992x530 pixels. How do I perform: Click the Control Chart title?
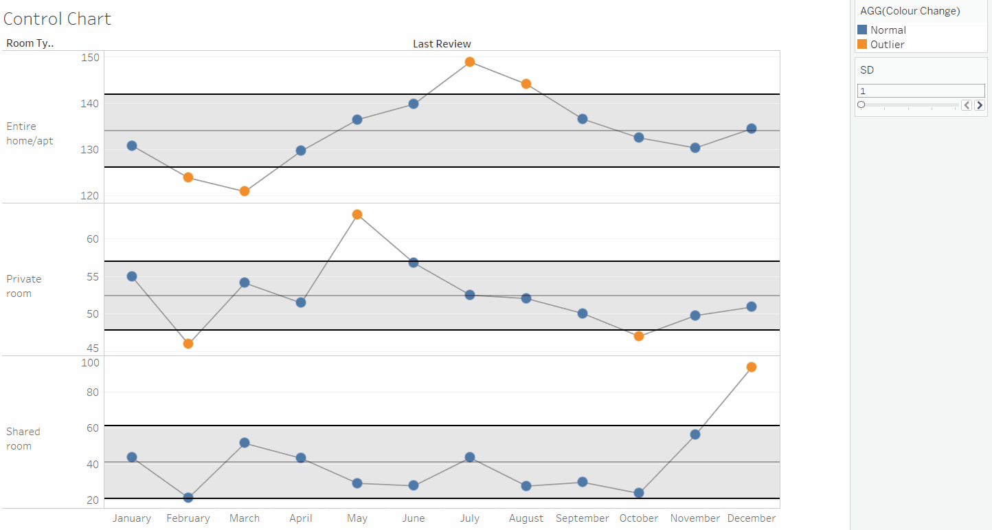click(57, 19)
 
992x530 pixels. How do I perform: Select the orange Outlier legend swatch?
click(862, 44)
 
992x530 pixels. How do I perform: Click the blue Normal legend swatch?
click(862, 30)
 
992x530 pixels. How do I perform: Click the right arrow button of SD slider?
click(980, 105)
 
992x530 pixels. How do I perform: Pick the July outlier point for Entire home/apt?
click(470, 62)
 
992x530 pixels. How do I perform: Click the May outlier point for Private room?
click(357, 214)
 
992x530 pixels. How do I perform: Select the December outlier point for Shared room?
click(752, 367)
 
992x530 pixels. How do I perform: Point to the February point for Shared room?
click(188, 498)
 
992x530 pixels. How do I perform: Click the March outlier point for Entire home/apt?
click(245, 191)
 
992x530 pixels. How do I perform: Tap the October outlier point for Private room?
click(639, 336)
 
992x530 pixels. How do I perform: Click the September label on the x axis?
click(583, 518)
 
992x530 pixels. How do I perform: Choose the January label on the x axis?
click(132, 518)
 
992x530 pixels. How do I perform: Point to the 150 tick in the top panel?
click(91, 57)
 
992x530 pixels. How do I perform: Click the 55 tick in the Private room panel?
click(92, 276)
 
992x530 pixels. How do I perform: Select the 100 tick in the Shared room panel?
click(91, 362)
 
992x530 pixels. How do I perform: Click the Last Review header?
click(442, 44)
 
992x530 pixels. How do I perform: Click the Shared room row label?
click(23, 439)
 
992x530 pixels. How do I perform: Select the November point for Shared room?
click(695, 434)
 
